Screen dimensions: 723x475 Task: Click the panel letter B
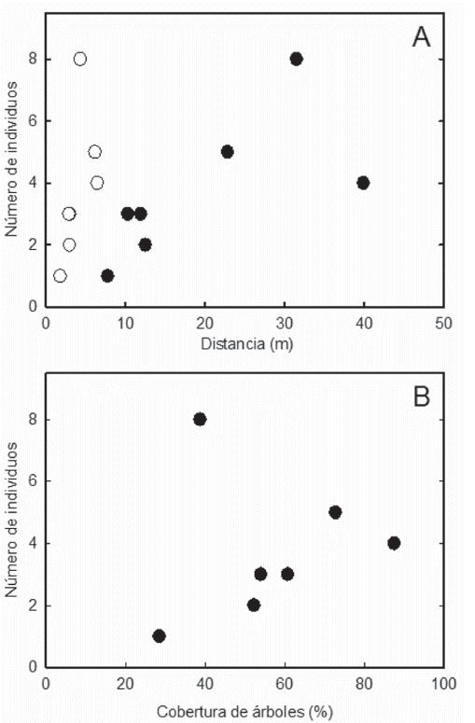pos(421,396)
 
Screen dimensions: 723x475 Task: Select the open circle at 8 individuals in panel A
pos(80,59)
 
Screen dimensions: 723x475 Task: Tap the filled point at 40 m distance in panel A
pos(363,183)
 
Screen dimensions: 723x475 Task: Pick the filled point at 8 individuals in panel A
pos(296,59)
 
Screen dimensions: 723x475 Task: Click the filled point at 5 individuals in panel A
pos(227,151)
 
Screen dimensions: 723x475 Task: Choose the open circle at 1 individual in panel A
pos(61,275)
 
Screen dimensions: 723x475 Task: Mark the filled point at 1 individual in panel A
pos(107,275)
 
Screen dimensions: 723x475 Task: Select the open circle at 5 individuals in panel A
pos(94,151)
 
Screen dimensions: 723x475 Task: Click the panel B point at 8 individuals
pos(200,419)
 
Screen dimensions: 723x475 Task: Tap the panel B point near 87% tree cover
pos(394,543)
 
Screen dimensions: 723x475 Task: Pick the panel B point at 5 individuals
pos(335,512)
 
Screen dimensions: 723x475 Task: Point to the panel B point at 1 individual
pos(159,635)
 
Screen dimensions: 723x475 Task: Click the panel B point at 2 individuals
pos(253,605)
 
